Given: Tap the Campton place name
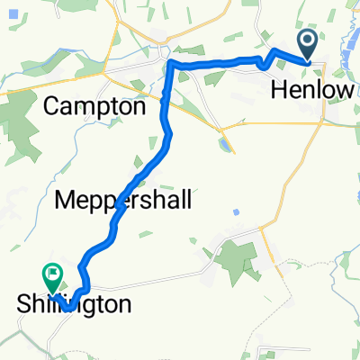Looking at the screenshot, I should click(x=94, y=106).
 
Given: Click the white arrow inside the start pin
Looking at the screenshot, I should click(x=307, y=40).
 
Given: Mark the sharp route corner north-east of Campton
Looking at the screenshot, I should click(x=169, y=65).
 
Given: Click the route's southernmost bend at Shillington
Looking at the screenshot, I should click(x=68, y=309).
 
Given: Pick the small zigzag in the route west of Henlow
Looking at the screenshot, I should click(x=264, y=61).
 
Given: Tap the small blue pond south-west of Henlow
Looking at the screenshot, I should click(x=222, y=143).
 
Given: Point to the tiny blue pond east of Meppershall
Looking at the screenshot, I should click(x=236, y=212).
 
